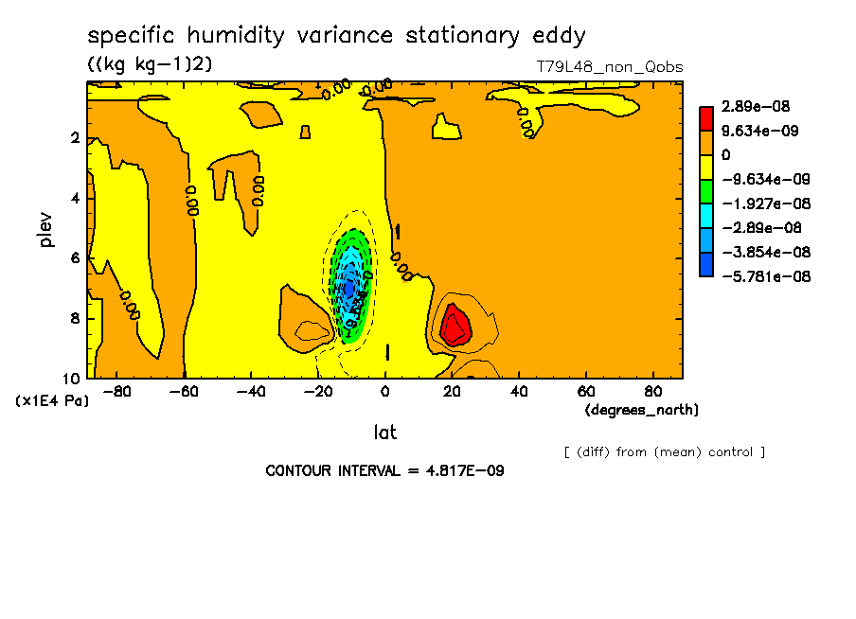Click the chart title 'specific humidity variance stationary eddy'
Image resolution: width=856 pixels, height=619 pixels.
[x=336, y=37]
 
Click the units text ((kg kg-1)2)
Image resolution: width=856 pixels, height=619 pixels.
[x=151, y=64]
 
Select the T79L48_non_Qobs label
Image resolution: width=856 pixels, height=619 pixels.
[x=609, y=67]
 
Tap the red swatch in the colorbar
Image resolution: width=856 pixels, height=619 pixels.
[x=706, y=118]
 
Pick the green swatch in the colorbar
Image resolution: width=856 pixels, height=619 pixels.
[x=706, y=191]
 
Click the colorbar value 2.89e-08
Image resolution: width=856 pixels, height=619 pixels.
[x=756, y=107]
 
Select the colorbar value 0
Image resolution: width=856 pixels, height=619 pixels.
[x=726, y=155]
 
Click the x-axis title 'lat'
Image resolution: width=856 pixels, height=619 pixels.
[x=384, y=433]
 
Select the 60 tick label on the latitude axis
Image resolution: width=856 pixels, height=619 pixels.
[x=586, y=390]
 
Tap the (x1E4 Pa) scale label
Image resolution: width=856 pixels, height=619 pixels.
[x=52, y=401]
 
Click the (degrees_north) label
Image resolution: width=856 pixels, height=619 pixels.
[x=642, y=410]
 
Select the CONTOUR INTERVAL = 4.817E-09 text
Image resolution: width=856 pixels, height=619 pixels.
[x=384, y=470]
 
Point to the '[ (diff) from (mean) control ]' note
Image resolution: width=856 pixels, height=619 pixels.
[x=664, y=451]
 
